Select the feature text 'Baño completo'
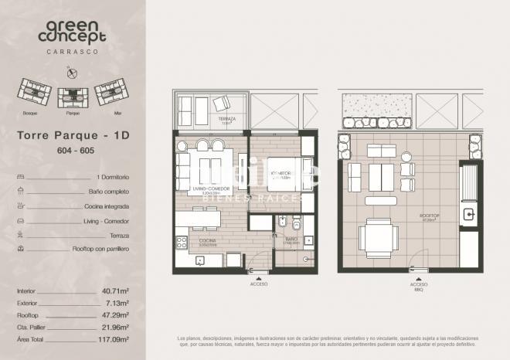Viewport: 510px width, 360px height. (x=107, y=192)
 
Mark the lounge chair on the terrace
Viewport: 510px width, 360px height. (x=221, y=104)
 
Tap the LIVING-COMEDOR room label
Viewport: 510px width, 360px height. (x=210, y=188)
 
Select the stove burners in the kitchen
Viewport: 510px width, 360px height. (x=182, y=242)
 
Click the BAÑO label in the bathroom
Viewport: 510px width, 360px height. (x=291, y=239)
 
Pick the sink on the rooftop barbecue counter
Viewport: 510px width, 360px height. (x=468, y=214)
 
